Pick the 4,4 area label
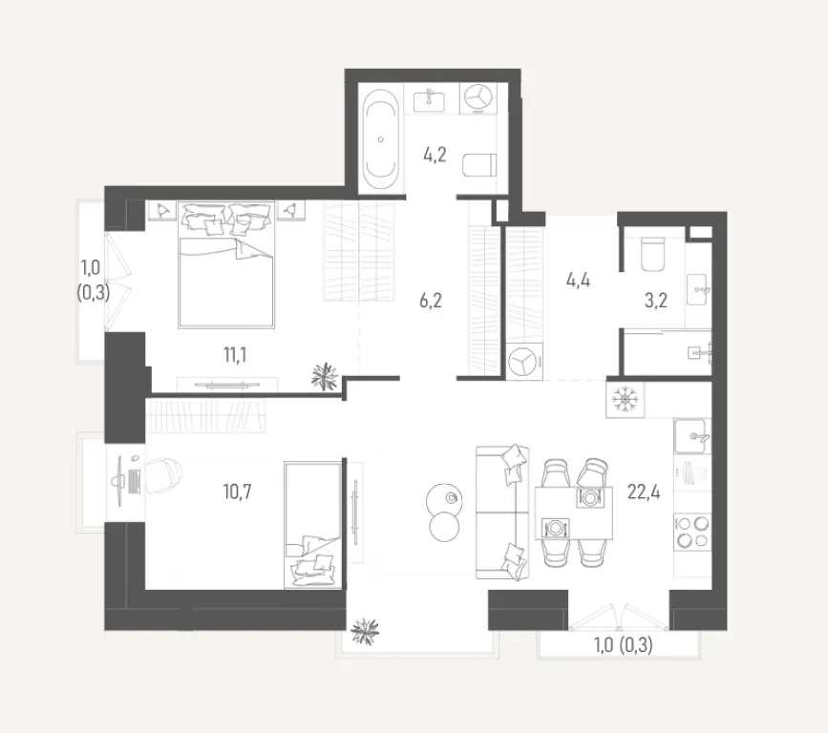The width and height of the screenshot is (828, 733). [579, 281]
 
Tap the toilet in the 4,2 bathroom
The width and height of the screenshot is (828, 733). [477, 167]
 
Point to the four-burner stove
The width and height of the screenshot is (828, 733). [692, 531]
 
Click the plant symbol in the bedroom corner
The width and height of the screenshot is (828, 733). [325, 375]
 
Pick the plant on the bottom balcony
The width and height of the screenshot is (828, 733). [365, 630]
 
